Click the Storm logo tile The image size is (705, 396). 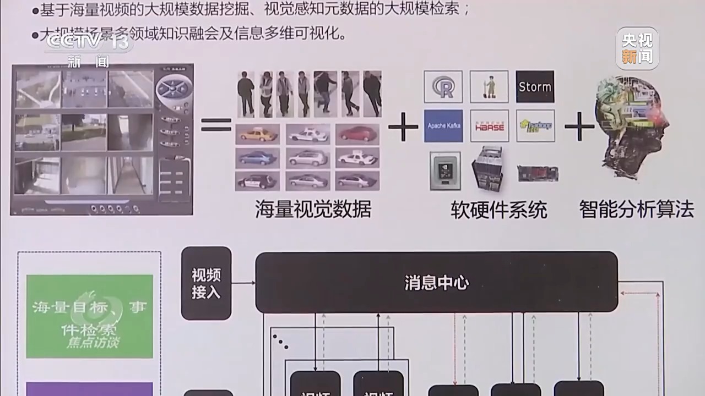(x=535, y=86)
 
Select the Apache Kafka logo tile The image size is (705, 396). (x=443, y=126)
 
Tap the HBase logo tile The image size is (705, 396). (x=489, y=126)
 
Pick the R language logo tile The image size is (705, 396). (x=443, y=86)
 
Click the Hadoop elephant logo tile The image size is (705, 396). (x=535, y=126)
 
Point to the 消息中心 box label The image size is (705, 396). (x=436, y=283)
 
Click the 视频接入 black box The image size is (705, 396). (x=206, y=283)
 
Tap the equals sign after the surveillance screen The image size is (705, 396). (x=216, y=125)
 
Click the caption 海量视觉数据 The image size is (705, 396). (x=313, y=210)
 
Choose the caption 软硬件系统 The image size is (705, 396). (x=499, y=210)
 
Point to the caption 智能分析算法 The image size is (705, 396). (x=636, y=210)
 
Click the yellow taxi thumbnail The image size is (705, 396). (x=257, y=134)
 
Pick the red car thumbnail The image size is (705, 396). (x=357, y=134)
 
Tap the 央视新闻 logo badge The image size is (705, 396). (x=637, y=48)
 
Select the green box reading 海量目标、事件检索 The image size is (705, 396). (x=89, y=316)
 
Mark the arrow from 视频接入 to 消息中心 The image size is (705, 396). (x=243, y=283)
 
